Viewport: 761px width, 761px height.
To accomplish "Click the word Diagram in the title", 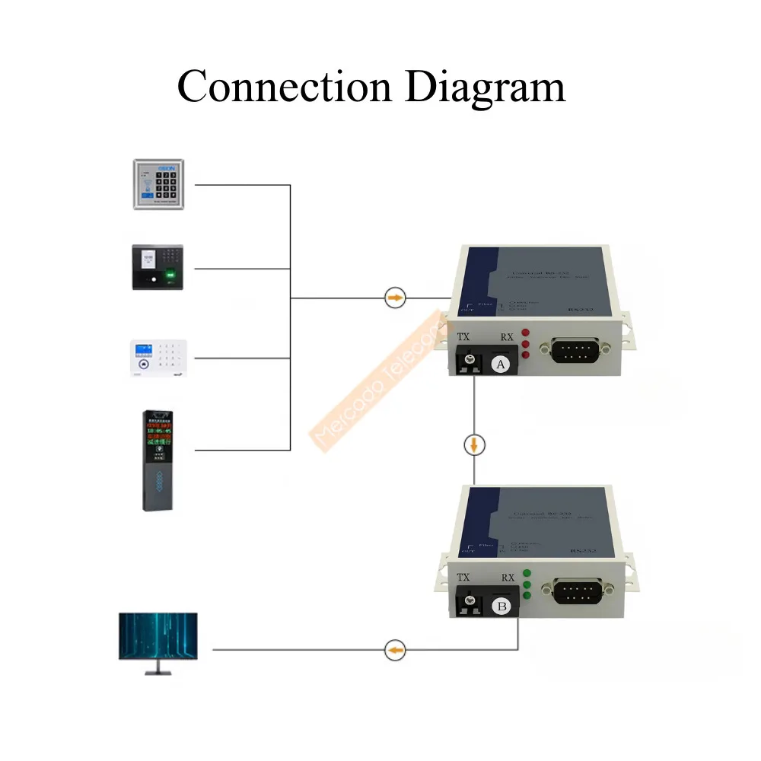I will (x=485, y=88).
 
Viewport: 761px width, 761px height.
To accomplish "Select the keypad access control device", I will (x=159, y=184).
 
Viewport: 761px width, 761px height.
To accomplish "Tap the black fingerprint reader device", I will (x=158, y=267).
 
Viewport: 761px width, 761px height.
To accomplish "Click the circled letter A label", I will (x=500, y=365).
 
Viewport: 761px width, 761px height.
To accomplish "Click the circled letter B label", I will (x=501, y=607).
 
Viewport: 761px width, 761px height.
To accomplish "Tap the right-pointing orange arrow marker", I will (x=395, y=298).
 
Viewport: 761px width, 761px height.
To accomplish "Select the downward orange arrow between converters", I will (x=474, y=444).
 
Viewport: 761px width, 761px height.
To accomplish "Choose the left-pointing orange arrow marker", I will (x=395, y=650).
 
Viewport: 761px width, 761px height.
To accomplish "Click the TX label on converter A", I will (x=463, y=337).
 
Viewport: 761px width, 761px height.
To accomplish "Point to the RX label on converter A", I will (x=507, y=337).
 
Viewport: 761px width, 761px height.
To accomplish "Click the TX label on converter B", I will (x=463, y=578).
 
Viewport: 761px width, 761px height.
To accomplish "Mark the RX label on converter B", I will (x=508, y=578).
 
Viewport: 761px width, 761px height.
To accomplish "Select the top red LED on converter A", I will (x=525, y=333).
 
